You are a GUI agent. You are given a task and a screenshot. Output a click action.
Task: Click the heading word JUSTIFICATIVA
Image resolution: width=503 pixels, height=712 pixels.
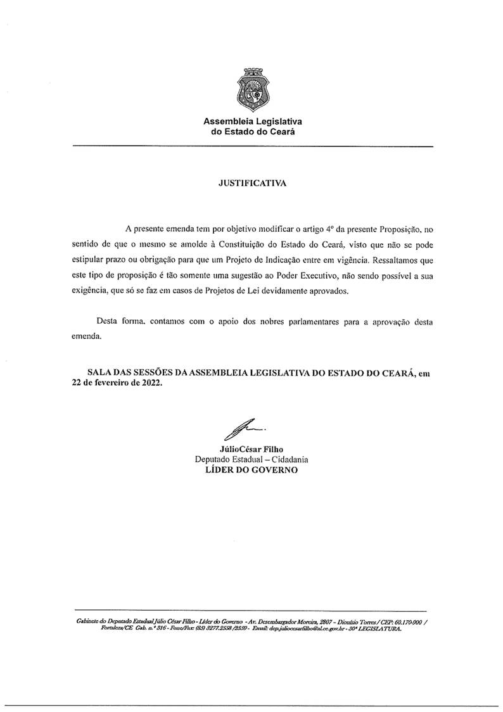point(252,183)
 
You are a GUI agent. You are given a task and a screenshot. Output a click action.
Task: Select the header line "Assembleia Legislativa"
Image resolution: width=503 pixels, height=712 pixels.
point(252,121)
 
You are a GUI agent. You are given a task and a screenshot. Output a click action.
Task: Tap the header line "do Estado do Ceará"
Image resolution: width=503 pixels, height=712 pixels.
point(252,132)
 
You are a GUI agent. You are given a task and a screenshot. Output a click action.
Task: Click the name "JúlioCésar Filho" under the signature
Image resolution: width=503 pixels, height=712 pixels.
point(252,449)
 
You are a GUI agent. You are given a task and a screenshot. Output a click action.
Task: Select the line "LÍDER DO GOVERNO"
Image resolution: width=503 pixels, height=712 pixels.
point(252,471)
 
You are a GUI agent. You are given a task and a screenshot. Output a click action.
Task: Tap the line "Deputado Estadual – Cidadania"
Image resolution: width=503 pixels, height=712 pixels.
point(252,460)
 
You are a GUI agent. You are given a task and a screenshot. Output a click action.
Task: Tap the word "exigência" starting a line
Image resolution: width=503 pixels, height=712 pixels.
point(90,292)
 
